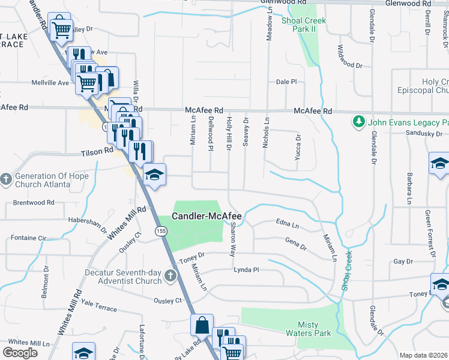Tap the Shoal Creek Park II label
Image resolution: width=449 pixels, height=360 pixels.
click(x=304, y=25)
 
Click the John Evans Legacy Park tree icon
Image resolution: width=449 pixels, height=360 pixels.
click(x=359, y=122)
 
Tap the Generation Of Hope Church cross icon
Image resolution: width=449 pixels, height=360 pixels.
click(x=6, y=179)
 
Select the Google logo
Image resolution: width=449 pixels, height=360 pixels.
click(x=20, y=352)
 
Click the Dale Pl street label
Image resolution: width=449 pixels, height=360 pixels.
click(x=286, y=82)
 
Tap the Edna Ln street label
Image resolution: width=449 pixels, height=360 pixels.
click(x=288, y=224)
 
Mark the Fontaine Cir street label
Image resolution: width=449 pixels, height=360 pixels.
click(x=28, y=238)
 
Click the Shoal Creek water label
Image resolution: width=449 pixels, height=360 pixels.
click(x=346, y=270)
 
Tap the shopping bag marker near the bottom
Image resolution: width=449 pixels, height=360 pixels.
click(x=202, y=325)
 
